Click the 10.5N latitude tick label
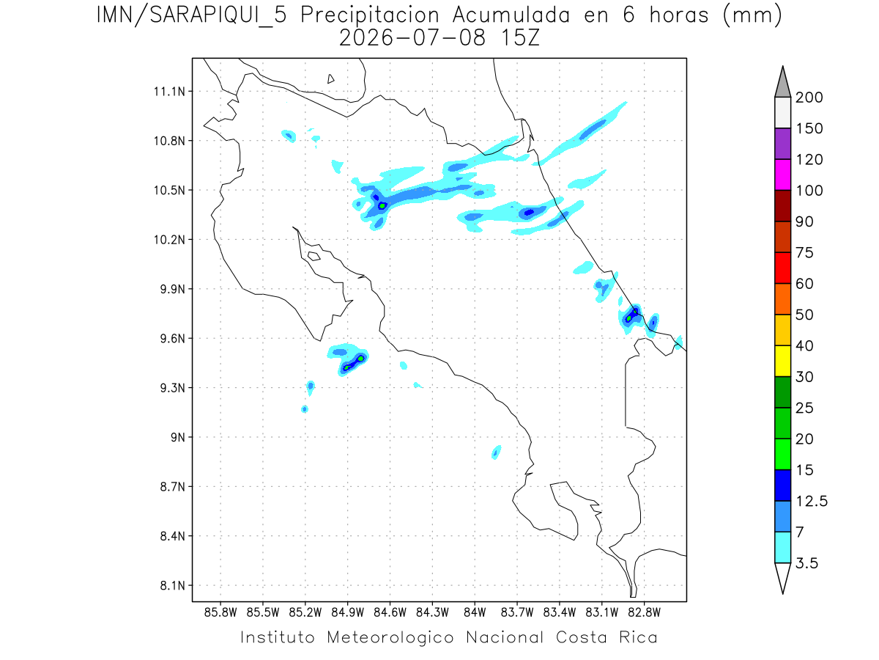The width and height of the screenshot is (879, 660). (169, 190)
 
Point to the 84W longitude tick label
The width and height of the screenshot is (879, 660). (475, 613)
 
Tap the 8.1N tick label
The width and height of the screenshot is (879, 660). (173, 585)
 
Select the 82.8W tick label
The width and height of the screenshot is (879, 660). (644, 613)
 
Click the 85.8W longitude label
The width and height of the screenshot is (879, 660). (220, 613)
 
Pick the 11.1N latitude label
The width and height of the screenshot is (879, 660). (169, 92)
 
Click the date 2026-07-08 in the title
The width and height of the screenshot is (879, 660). (412, 38)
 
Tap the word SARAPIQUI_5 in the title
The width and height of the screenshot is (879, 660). (218, 16)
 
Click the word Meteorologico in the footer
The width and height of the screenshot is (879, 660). (390, 637)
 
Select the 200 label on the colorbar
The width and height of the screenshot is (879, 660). (809, 98)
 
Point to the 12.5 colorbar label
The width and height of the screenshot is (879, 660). (812, 501)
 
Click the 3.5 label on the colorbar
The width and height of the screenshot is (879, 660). (806, 563)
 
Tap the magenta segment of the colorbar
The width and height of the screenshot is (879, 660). (782, 175)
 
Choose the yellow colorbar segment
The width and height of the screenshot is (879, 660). (782, 361)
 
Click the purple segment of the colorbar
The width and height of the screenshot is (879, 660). (782, 144)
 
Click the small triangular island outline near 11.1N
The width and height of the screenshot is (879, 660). (330, 79)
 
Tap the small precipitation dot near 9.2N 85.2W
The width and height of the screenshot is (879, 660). (304, 409)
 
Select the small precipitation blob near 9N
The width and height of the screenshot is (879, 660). (496, 452)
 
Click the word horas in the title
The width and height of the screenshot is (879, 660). (679, 15)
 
